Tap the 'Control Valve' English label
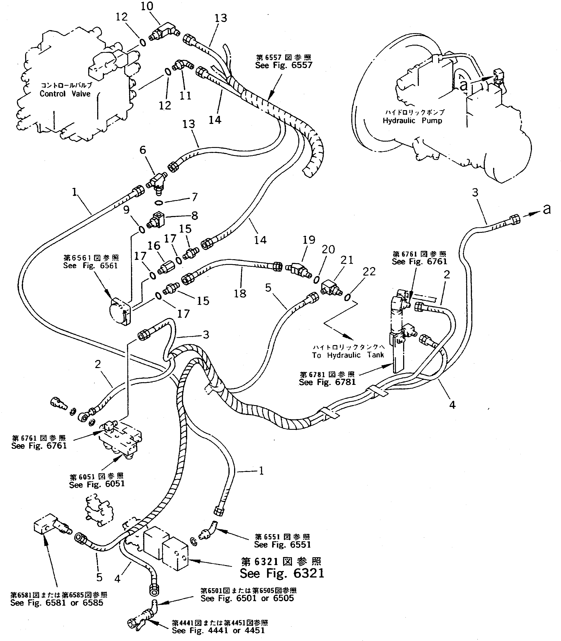coord(65,94)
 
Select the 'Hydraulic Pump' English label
coord(412,121)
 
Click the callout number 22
coord(369,271)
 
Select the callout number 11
coord(185,95)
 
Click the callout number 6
coord(143,150)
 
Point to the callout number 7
coord(195,197)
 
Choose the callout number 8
coord(195,216)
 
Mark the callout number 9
coord(126,210)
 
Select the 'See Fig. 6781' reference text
coord(327,382)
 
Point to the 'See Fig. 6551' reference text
coord(282,545)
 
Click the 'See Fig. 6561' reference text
coord(90,266)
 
